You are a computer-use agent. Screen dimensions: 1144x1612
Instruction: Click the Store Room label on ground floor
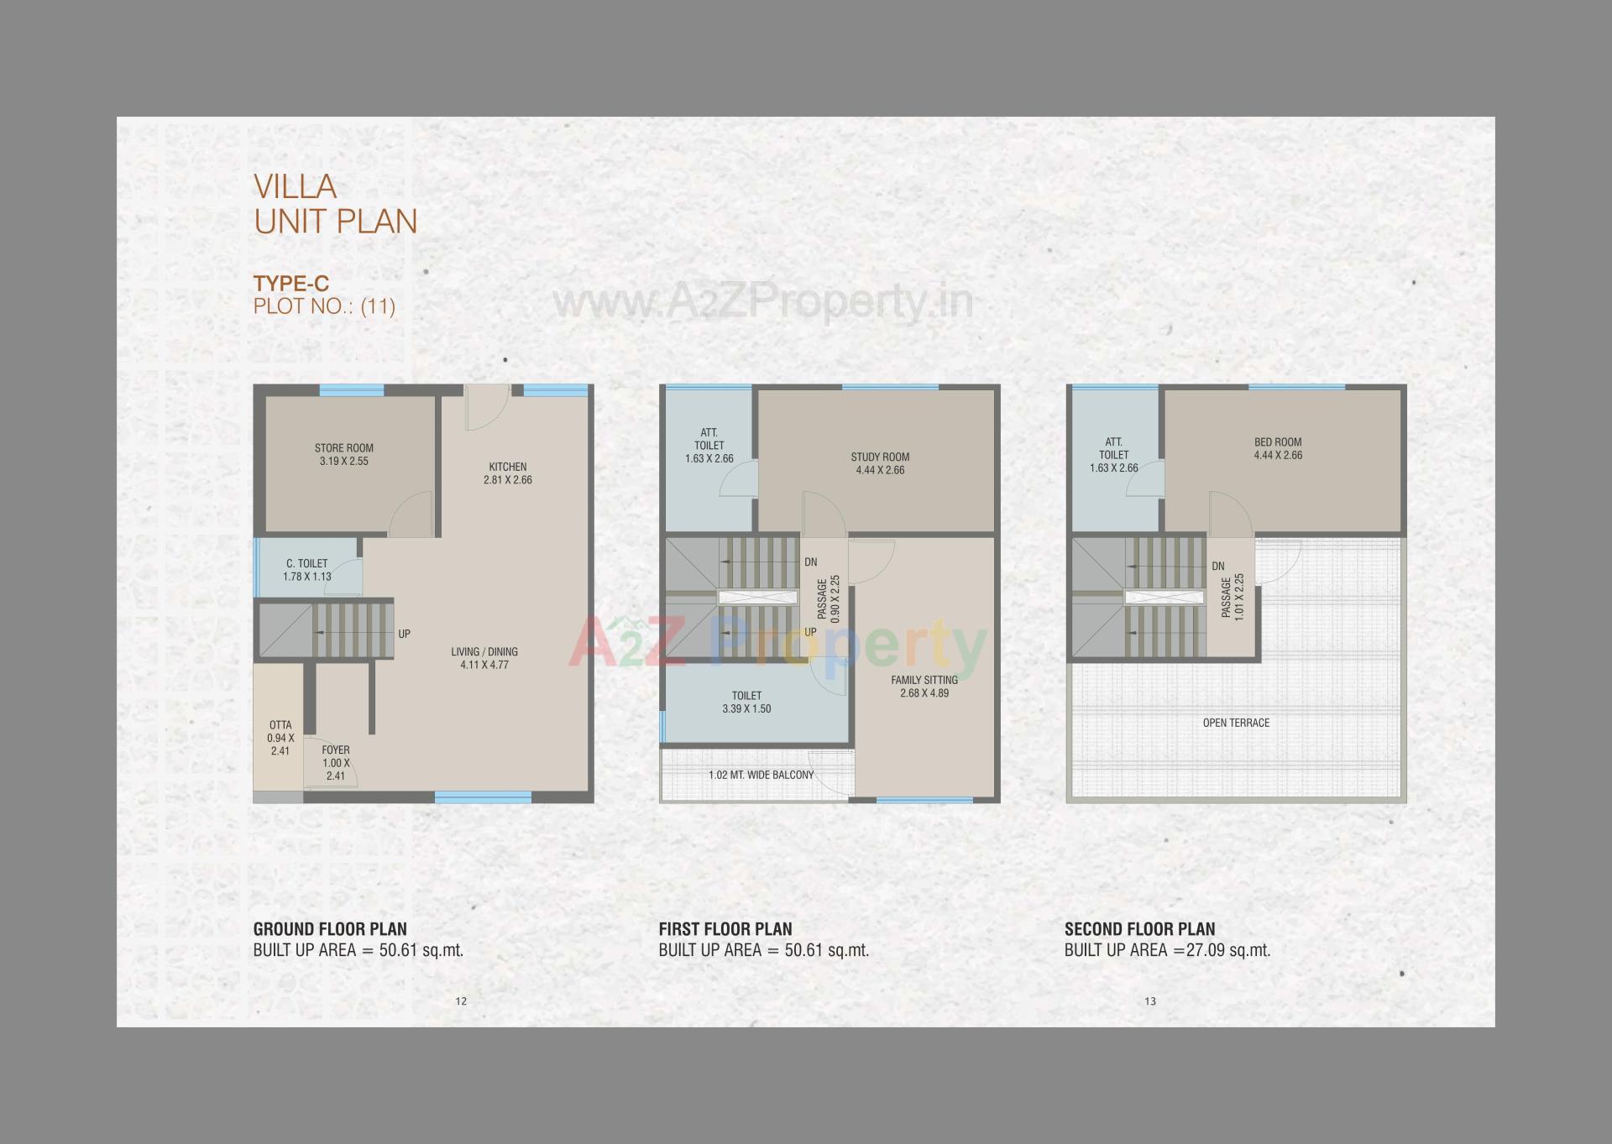click(344, 454)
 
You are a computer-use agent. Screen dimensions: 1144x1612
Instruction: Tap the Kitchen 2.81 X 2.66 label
click(507, 473)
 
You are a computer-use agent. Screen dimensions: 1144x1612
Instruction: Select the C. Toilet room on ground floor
click(307, 570)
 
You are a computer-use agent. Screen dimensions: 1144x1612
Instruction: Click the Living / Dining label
click(484, 658)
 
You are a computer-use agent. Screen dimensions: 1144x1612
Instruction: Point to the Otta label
click(280, 738)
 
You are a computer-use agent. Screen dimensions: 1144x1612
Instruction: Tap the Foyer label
click(336, 762)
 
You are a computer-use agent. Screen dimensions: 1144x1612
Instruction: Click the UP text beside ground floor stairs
click(404, 635)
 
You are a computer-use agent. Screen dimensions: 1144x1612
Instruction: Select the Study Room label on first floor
click(880, 463)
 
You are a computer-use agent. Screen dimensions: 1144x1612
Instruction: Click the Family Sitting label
click(924, 687)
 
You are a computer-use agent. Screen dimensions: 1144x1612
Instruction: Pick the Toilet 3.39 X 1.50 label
click(746, 702)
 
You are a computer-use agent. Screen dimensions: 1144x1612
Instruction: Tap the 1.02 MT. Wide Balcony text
click(762, 775)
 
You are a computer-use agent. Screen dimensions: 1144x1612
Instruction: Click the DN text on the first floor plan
click(810, 562)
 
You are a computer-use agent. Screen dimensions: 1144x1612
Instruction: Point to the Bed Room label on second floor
click(1278, 448)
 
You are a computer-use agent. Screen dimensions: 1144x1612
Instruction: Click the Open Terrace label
click(1236, 723)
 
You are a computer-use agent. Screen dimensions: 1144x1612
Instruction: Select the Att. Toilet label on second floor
click(1113, 455)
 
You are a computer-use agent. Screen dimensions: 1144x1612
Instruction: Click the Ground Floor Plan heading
click(330, 929)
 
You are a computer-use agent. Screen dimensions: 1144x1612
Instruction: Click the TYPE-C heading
click(291, 284)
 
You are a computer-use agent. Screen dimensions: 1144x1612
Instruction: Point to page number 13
click(1149, 1001)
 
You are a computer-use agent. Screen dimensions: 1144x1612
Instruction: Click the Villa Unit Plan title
click(335, 204)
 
